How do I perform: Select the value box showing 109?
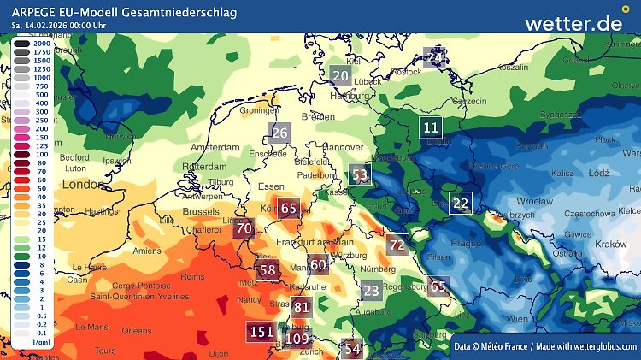297,339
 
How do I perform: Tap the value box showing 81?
301,308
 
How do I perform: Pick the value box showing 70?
244,228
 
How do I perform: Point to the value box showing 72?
397,245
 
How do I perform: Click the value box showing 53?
360,176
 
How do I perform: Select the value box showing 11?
432,129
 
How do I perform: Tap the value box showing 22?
461,204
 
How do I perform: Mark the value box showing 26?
279,133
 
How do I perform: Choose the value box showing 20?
340,75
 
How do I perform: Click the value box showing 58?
268,270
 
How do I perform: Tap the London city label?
82,184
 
